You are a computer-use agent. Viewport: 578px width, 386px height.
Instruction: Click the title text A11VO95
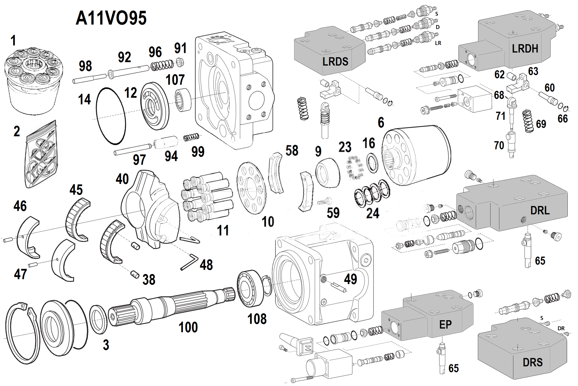click(x=111, y=18)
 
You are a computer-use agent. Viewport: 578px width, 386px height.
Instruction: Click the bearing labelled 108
click(x=251, y=289)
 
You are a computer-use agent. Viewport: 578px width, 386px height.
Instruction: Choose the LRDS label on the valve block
click(x=335, y=62)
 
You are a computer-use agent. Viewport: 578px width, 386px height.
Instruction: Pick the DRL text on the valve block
click(x=540, y=211)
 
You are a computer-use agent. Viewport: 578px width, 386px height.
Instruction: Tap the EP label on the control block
click(x=445, y=325)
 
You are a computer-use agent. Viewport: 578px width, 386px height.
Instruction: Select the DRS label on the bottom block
click(x=533, y=362)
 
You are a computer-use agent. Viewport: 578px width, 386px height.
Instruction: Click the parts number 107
click(x=175, y=80)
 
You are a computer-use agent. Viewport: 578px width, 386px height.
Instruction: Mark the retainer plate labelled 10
click(x=251, y=188)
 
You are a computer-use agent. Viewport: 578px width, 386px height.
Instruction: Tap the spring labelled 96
click(x=162, y=65)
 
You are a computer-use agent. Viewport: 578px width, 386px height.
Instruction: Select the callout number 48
click(x=206, y=265)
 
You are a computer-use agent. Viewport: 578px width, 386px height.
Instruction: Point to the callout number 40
click(x=122, y=179)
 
